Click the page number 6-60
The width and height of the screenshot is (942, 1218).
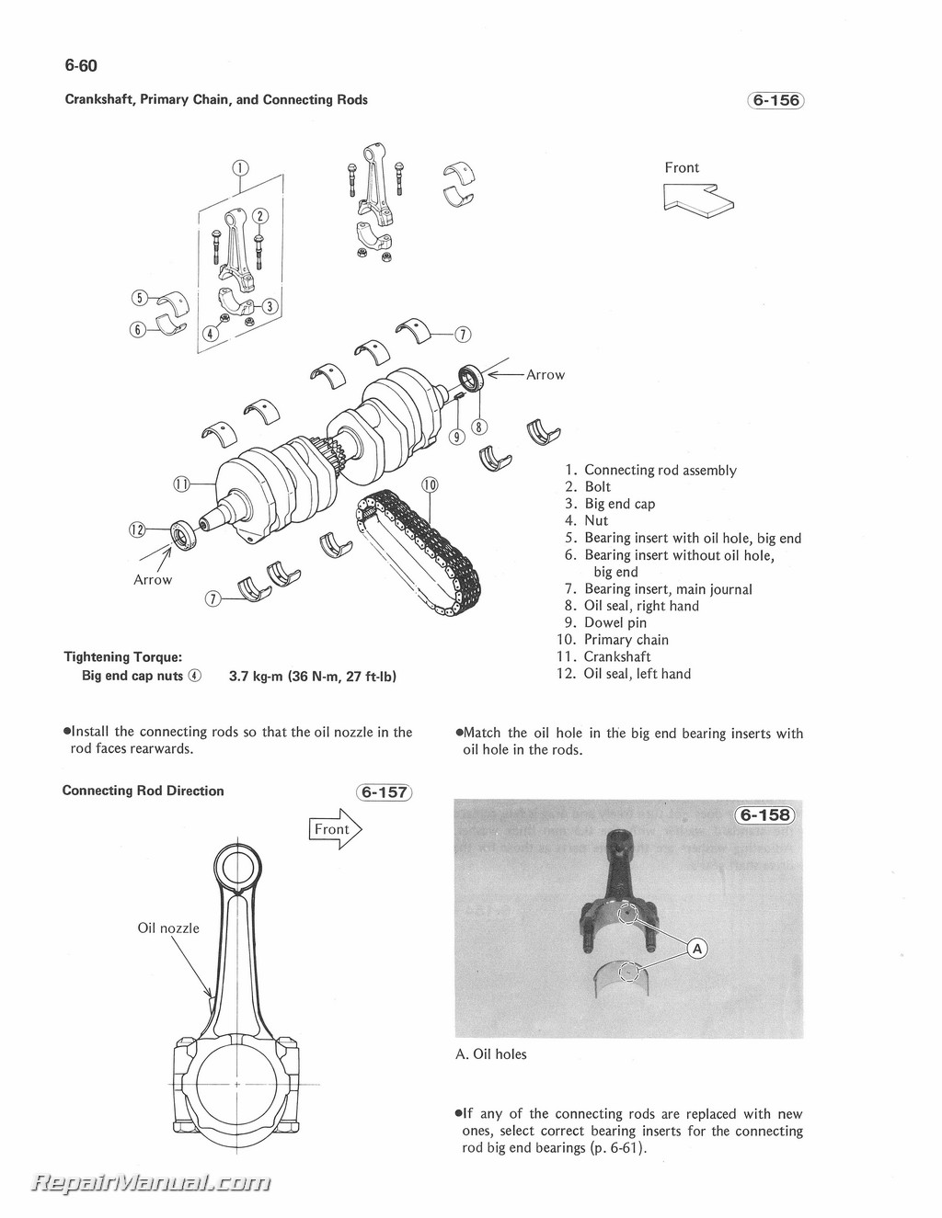[81, 65]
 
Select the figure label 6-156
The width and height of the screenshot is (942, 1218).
[775, 100]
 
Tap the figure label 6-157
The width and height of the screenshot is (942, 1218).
[385, 792]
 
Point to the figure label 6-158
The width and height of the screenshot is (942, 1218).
[764, 814]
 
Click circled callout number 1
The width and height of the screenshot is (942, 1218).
[239, 167]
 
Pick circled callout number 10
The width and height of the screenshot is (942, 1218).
[430, 484]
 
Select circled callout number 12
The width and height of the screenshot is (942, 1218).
[138, 529]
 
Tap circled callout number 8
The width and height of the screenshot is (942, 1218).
[479, 427]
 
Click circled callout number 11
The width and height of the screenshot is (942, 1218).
[182, 484]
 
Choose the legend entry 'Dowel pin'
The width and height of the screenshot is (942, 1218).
[615, 622]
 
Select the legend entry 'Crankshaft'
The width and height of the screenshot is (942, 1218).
[616, 656]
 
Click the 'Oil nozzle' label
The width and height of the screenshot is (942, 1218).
[168, 928]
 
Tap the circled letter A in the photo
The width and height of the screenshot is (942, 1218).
[697, 948]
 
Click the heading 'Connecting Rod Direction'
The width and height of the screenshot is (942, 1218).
[144, 791]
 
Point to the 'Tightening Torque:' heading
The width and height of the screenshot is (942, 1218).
[123, 656]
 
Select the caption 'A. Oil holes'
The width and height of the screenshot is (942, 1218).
[491, 1054]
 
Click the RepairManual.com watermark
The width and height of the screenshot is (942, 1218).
[152, 1182]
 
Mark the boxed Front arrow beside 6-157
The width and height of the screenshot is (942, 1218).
[335, 829]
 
